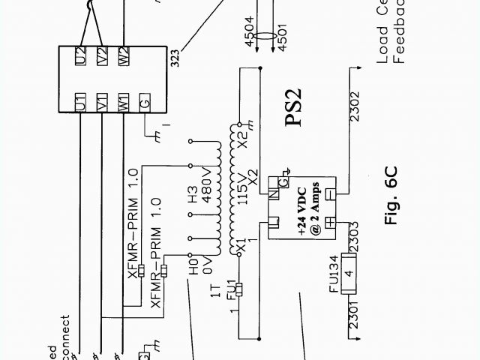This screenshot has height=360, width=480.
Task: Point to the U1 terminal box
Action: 81,101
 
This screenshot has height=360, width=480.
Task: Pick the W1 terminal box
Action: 124,101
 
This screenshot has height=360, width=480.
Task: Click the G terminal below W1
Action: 145,101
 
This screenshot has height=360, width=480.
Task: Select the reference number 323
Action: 174,58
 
